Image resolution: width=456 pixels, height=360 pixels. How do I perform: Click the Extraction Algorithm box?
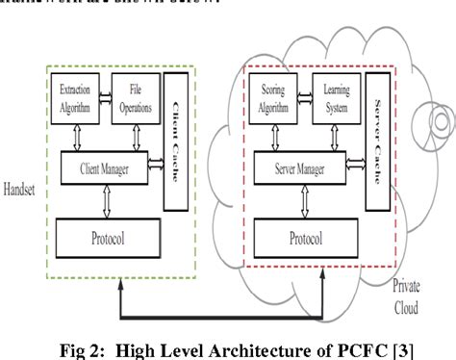[x=74, y=98]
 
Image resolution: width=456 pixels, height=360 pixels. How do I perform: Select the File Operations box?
[x=135, y=98]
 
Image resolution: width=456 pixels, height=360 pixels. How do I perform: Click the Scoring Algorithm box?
[x=277, y=98]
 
